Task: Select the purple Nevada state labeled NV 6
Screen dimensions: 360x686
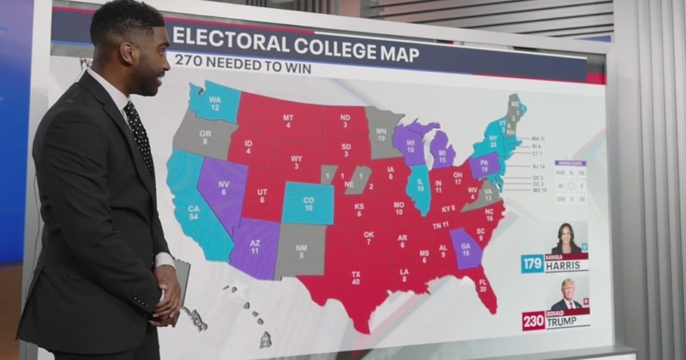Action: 223,189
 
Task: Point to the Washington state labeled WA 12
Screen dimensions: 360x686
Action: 214,103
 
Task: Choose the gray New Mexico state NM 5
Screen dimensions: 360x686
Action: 300,250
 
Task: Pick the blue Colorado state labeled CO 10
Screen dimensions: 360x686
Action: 308,203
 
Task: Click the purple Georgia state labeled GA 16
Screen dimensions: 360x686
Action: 465,249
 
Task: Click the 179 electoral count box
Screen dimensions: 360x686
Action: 532,264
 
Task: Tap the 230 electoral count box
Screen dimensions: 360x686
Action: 533,321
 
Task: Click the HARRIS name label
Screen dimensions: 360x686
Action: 566,266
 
